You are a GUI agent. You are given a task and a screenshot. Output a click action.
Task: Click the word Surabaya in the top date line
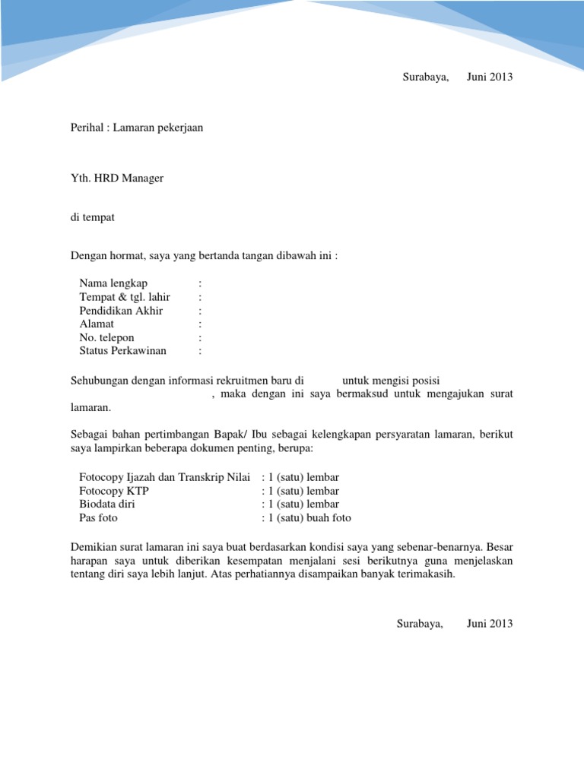[x=425, y=77]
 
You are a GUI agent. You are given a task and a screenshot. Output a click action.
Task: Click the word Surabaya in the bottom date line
[x=420, y=624]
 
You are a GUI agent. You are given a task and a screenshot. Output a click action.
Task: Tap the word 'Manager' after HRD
[x=140, y=178]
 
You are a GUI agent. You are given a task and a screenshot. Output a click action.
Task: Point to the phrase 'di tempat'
[x=92, y=217]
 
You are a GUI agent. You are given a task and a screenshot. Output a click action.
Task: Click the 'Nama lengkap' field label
[x=113, y=283]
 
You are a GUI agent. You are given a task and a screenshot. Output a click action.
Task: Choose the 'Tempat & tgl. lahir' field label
[x=124, y=296]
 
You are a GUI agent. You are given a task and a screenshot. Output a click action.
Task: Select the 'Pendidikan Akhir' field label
[x=121, y=310]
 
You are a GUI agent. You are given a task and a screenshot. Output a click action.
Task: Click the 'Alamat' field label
[x=97, y=324]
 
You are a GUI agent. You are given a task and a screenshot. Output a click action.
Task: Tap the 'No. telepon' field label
[x=106, y=337]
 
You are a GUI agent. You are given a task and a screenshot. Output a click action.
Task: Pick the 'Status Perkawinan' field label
[x=122, y=351]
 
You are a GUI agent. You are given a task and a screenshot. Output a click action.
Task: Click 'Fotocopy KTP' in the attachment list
[x=114, y=491]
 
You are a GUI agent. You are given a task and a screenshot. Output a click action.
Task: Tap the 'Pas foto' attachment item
[x=98, y=518]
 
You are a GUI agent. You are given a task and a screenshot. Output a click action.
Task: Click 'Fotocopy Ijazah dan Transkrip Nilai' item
[x=164, y=477]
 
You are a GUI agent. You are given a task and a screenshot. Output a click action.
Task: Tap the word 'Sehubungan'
[x=99, y=380]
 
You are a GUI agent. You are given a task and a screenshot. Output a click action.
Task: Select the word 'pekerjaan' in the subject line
[x=180, y=128]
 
